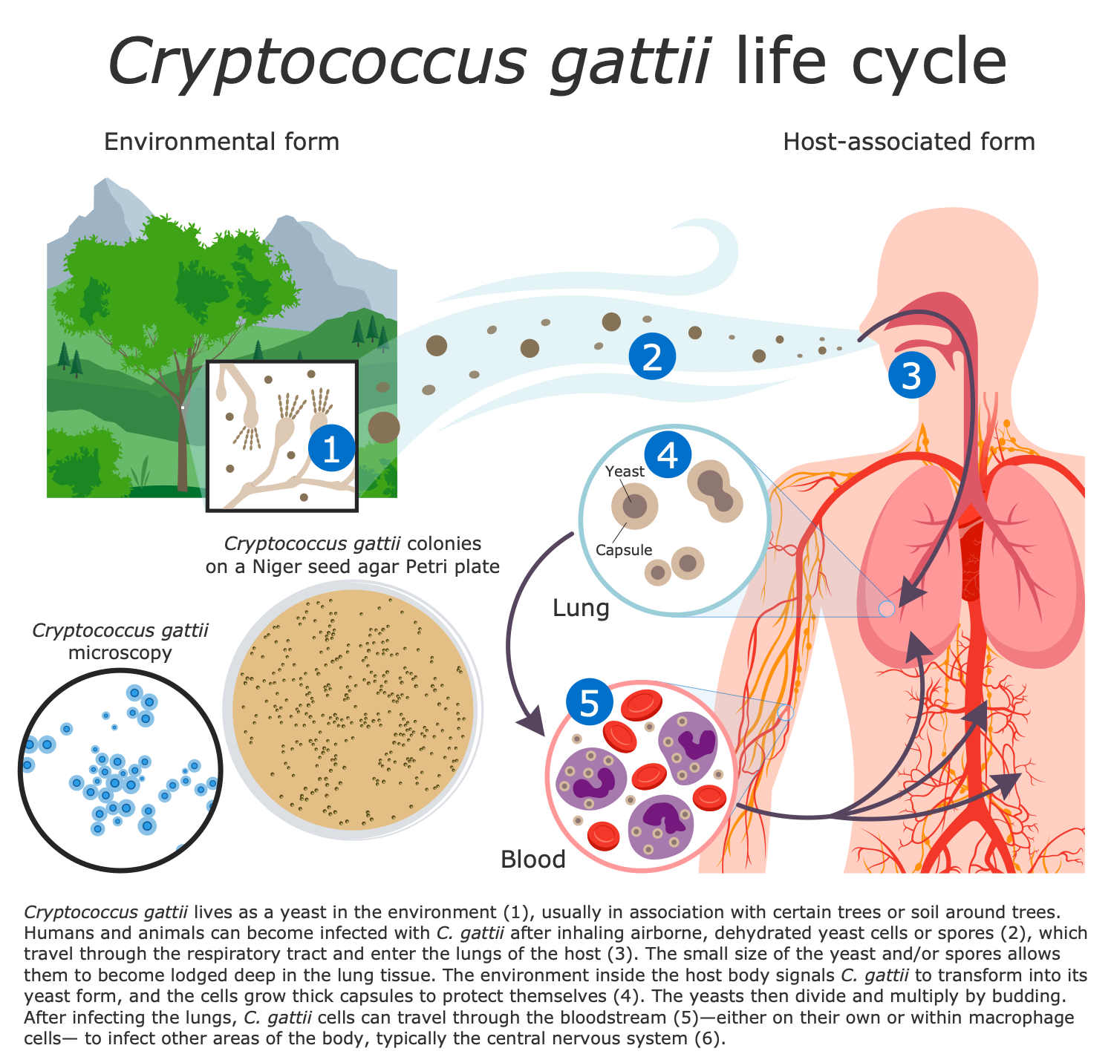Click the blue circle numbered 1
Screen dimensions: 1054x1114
click(x=331, y=448)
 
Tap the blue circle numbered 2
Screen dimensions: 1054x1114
click(x=652, y=356)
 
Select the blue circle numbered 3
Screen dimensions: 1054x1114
click(x=911, y=376)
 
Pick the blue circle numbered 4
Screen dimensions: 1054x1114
click(x=668, y=454)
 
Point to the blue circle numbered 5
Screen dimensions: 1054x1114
click(x=589, y=702)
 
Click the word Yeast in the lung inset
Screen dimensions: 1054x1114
click(x=625, y=471)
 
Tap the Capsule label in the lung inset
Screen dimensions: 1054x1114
click(x=624, y=550)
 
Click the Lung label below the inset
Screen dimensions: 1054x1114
click(x=581, y=608)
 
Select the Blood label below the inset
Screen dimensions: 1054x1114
click(x=532, y=860)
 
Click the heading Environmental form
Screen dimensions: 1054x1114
click(x=221, y=142)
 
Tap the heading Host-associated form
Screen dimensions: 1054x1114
click(x=909, y=142)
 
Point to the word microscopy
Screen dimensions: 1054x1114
click(x=120, y=652)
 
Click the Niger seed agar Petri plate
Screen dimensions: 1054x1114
click(x=353, y=710)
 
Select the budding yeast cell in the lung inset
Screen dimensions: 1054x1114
click(x=716, y=490)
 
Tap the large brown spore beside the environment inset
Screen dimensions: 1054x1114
click(x=383, y=428)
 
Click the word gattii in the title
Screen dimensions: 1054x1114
click(x=630, y=62)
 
